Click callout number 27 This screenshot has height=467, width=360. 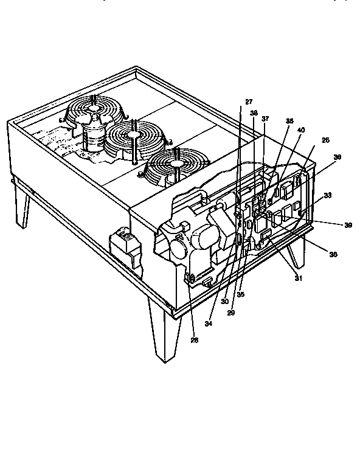tap(249, 102)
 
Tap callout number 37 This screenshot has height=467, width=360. tap(265, 119)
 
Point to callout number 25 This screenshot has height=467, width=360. tap(325, 140)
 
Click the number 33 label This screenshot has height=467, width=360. tap(328, 196)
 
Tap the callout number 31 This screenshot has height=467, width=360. tap(298, 278)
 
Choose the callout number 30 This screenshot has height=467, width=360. tap(224, 301)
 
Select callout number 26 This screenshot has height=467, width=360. tap(195, 341)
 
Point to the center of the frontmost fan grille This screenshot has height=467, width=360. tap(176, 163)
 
